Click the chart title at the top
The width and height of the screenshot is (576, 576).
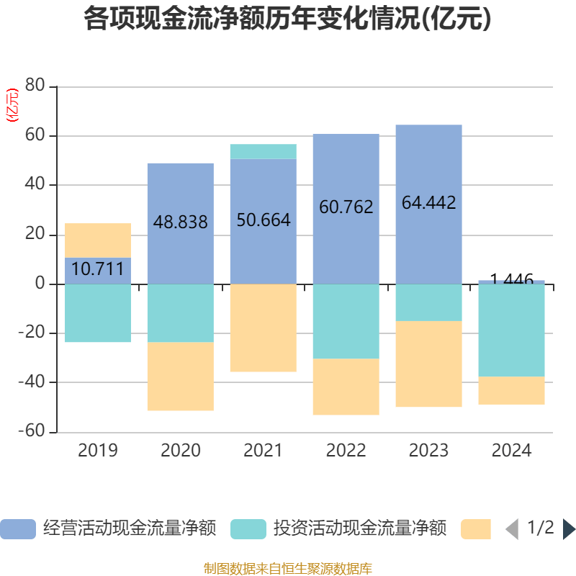288,19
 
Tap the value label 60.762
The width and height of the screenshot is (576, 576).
346,207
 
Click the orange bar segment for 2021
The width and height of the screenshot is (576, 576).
263,328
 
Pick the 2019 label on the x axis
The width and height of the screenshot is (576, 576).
98,451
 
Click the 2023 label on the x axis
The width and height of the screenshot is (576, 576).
428,451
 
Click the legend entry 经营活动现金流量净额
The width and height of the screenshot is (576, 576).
108,528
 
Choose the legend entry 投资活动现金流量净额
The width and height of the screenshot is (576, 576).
338,528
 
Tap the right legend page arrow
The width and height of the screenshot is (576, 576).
568,529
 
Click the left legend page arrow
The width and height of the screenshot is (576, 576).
512,529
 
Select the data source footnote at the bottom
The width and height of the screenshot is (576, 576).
288,569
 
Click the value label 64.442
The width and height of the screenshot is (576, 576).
428,203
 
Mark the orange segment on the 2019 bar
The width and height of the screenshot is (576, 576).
98,240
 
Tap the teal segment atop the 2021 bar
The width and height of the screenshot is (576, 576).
263,151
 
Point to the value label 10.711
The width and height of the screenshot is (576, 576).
98,270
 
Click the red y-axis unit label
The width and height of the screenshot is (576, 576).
12,105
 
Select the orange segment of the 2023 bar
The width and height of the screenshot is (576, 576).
428,364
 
